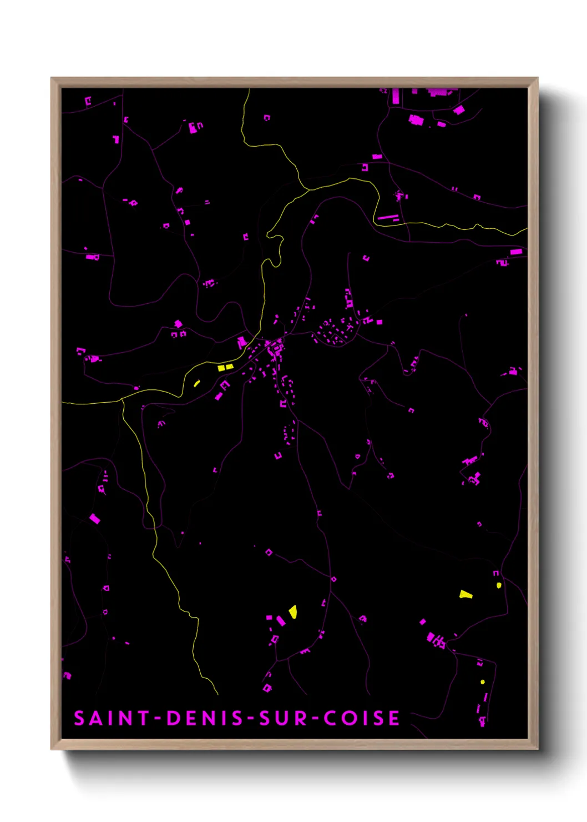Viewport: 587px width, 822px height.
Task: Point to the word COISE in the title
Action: (362, 718)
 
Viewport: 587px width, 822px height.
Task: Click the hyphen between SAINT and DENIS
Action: (158, 719)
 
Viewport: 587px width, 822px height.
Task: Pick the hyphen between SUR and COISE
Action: (315, 719)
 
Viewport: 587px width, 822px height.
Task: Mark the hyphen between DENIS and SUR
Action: (251, 719)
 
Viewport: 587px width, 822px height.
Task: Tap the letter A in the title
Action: (95, 718)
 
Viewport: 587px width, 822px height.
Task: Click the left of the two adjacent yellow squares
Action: (221, 368)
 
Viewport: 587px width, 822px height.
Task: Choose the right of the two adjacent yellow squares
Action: (230, 367)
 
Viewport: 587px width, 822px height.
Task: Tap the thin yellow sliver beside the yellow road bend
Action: (196, 383)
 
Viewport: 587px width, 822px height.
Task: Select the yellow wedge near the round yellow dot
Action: (465, 595)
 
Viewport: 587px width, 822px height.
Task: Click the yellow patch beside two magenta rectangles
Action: (293, 612)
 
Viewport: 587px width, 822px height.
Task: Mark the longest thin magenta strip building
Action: (388, 217)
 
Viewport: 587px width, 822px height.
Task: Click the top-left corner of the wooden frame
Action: (52, 78)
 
